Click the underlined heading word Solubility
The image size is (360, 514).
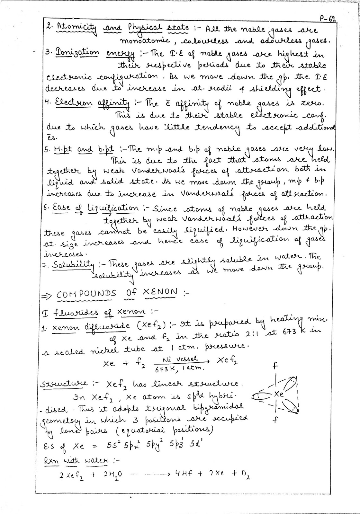point(74,266)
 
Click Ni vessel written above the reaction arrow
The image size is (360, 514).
point(185,359)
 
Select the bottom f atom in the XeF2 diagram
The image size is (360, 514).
point(275,420)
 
